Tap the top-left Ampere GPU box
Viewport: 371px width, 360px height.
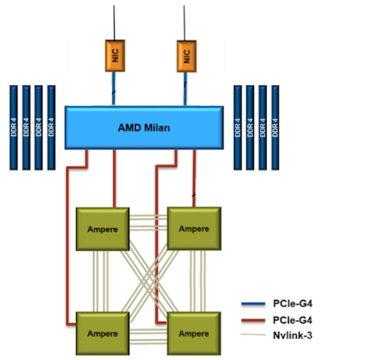tap(102, 229)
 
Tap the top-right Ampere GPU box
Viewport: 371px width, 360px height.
tap(193, 229)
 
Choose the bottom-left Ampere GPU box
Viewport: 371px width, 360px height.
tap(102, 333)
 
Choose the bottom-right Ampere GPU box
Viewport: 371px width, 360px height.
tap(193, 333)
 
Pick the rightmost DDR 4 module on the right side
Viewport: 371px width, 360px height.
tap(276, 128)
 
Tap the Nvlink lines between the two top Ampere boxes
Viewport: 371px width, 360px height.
tap(147, 225)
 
